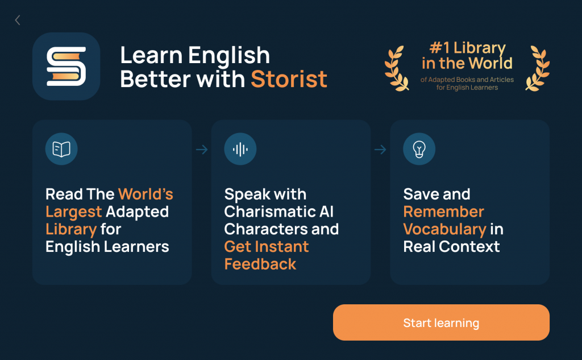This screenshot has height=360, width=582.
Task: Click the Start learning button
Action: point(441,322)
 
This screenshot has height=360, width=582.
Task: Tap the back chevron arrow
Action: point(18,20)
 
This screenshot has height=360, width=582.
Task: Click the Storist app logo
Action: point(66,67)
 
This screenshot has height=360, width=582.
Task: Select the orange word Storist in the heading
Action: point(289,78)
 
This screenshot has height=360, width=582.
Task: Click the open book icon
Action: point(61,150)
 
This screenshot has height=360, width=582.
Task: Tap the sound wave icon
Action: point(240,150)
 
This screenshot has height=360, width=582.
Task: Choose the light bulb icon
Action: point(419,150)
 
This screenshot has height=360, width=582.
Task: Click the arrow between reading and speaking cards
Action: point(202,150)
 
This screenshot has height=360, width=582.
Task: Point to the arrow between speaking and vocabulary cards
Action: point(380,150)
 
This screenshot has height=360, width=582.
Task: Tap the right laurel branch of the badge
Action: point(537,68)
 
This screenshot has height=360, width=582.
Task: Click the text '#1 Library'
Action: point(467,48)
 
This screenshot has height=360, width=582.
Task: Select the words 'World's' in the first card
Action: point(145,194)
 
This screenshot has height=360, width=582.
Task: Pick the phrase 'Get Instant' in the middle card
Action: point(267,247)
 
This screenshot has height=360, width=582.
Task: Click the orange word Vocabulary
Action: point(444,229)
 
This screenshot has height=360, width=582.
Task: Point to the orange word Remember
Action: point(443,212)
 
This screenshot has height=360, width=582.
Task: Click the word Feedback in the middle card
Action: point(260,264)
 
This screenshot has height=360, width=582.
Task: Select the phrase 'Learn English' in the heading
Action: point(195,56)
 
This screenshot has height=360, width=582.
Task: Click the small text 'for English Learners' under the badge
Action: point(467,88)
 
